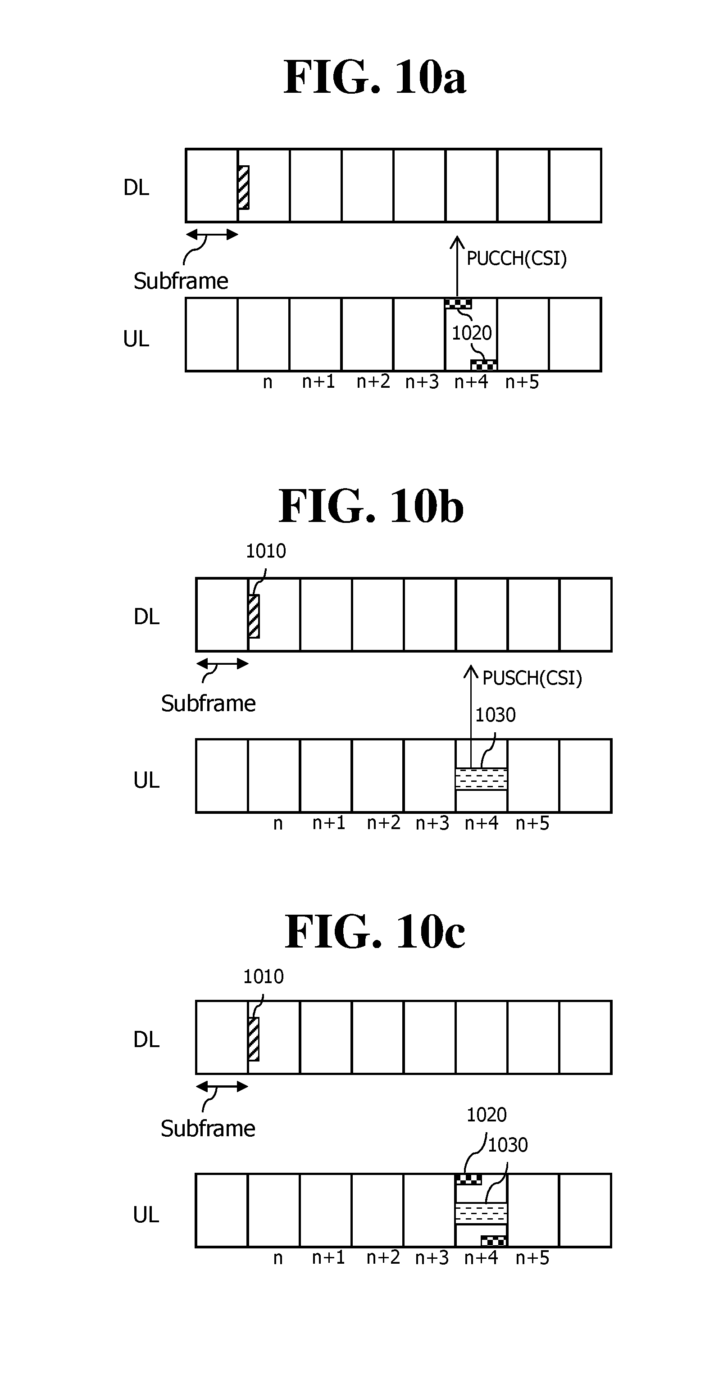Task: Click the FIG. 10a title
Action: pos(374,77)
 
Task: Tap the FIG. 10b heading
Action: pos(371,506)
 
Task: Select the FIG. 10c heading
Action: pos(374,932)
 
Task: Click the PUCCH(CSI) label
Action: pos(516,259)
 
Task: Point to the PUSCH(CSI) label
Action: pos(532,678)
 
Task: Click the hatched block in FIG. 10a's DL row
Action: pos(244,187)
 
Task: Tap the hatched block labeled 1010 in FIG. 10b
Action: pos(254,616)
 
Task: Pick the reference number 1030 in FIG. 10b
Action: pos(495,715)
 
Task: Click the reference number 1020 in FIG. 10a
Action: pos(471,333)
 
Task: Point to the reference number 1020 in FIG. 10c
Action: pos(486,1115)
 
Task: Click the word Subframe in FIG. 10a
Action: pos(181,281)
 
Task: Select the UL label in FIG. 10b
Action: pos(146,780)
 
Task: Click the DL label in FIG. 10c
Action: pos(146,1039)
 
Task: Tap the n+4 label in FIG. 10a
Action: pos(471,382)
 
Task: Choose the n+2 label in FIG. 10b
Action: pos(383,823)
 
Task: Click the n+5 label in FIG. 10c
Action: pos(532,1257)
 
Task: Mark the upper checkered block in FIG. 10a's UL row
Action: pos(458,304)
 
